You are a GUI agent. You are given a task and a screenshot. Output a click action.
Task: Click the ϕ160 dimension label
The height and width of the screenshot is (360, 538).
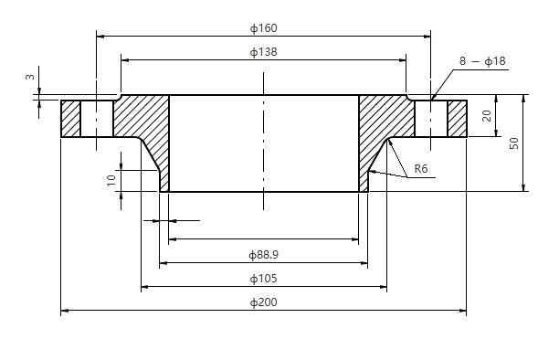click(263, 27)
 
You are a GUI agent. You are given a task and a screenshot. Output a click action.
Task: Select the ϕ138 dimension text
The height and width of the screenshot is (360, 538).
click(263, 52)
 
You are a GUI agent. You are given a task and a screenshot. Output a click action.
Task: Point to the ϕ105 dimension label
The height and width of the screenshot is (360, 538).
click(263, 278)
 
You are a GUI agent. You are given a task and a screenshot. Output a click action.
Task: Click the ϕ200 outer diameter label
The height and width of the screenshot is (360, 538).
click(263, 302)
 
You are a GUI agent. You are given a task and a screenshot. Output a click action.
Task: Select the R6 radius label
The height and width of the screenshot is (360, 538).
click(421, 169)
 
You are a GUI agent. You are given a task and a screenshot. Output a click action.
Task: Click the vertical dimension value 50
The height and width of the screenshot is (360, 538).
click(514, 144)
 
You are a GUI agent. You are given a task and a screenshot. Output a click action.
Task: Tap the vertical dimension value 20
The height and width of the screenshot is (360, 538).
click(487, 116)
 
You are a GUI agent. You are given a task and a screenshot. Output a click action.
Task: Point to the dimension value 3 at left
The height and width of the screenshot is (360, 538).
click(29, 79)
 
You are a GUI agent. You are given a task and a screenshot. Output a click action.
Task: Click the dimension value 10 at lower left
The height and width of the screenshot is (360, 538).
click(111, 181)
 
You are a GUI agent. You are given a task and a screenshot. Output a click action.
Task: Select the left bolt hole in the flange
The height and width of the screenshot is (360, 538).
click(97, 118)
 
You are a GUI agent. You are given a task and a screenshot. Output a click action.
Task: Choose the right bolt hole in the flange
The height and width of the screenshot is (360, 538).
click(431, 118)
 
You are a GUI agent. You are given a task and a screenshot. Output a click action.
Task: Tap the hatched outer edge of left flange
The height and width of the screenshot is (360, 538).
click(70, 118)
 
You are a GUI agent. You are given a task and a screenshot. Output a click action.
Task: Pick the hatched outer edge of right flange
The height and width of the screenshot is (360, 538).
click(457, 118)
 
